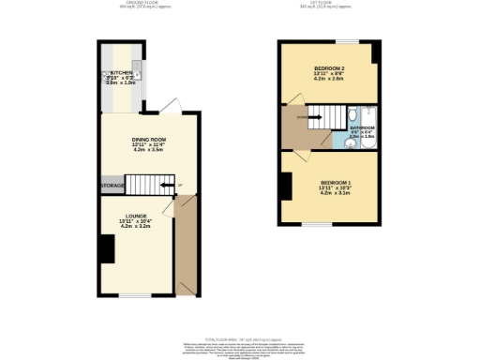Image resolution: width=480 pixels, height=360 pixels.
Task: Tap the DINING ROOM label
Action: pyautogui.click(x=148, y=139)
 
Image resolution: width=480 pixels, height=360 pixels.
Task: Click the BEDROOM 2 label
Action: pyautogui.click(x=328, y=68)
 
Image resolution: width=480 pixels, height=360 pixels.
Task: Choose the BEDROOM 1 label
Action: pyautogui.click(x=336, y=182)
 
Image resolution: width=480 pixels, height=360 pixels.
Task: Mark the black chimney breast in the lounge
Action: pyautogui.click(x=108, y=247)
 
